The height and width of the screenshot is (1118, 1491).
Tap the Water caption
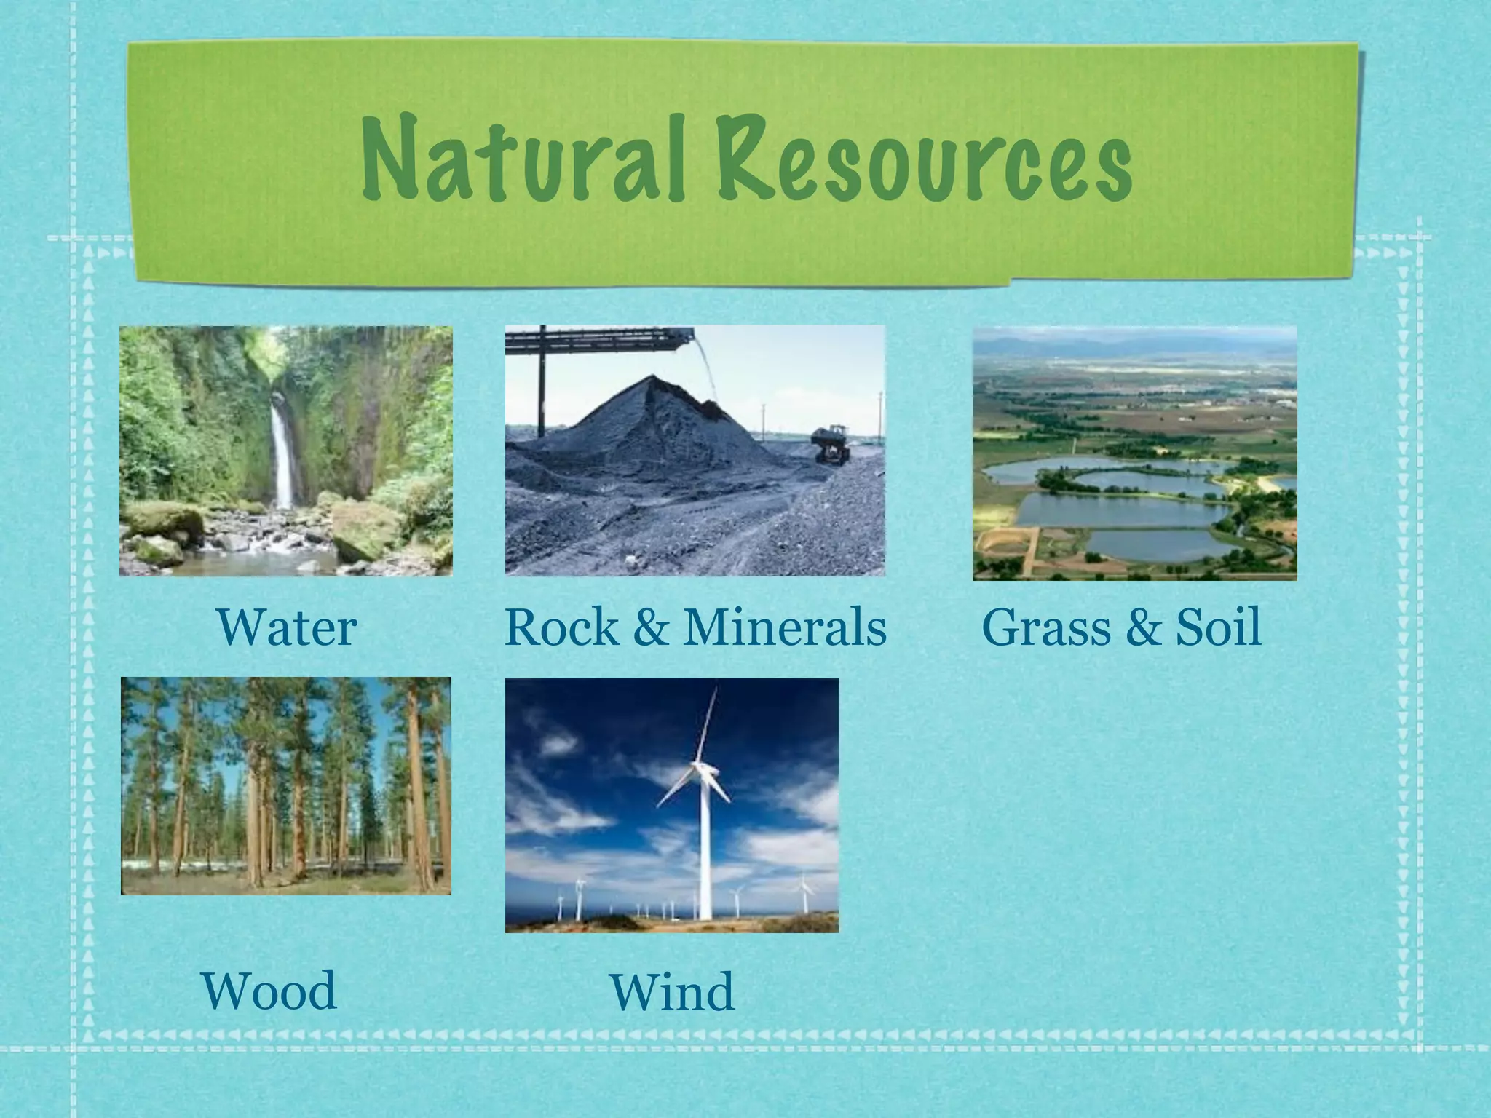point(287,627)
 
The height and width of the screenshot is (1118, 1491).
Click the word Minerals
point(785,627)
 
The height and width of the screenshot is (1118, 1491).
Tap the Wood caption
point(269,991)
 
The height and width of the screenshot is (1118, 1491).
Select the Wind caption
point(672,993)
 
